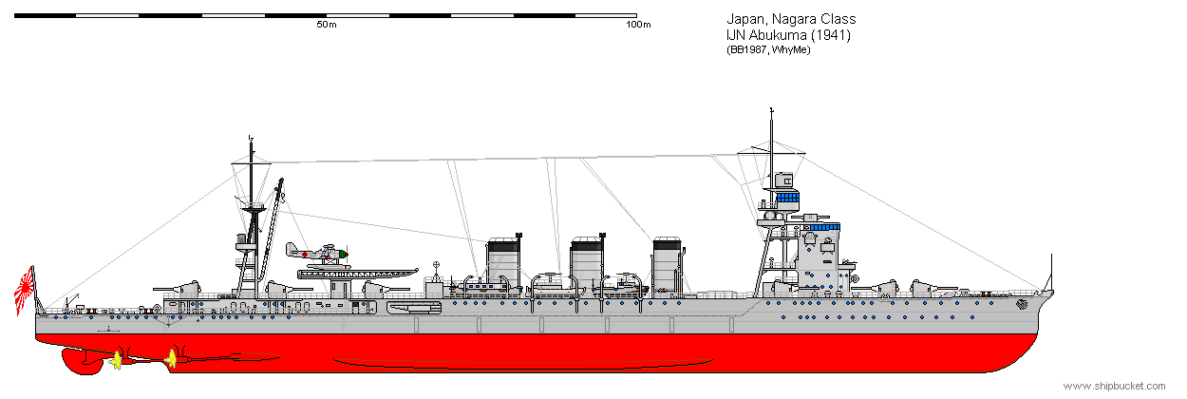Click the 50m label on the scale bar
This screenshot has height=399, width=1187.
(327, 25)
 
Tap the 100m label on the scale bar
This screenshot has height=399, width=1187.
(638, 25)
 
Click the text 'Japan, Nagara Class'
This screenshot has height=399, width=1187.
(791, 19)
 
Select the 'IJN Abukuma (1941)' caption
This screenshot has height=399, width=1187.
(788, 35)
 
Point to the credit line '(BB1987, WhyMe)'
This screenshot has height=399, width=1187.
(768, 49)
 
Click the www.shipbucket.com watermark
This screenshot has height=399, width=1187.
(1115, 386)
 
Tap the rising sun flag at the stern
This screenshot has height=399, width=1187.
(25, 291)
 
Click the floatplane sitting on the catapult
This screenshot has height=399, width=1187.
(317, 255)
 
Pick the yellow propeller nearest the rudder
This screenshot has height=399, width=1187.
(115, 361)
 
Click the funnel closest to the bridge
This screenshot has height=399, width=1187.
(668, 264)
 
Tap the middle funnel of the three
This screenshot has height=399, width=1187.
(587, 263)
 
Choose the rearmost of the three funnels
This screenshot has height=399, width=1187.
(503, 263)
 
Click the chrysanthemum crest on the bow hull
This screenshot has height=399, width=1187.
(1022, 305)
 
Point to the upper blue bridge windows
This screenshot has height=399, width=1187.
(787, 198)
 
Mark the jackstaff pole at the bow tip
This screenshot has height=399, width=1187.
(1051, 273)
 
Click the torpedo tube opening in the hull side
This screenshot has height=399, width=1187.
(414, 308)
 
